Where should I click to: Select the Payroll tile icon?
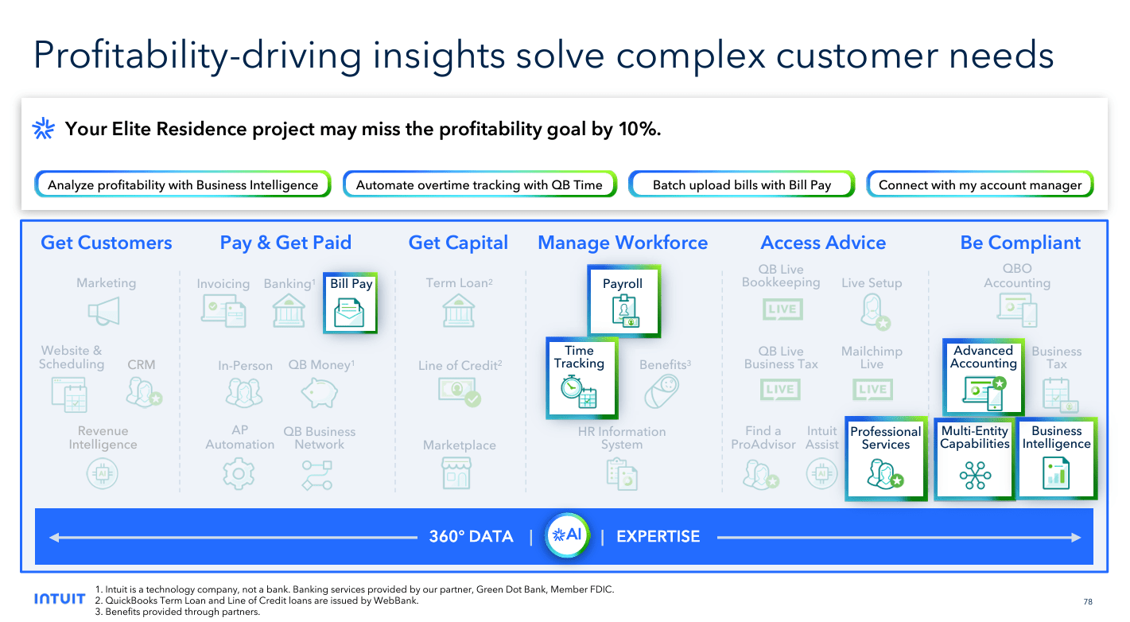pos(623,311)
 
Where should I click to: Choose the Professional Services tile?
pos(886,459)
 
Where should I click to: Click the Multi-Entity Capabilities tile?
pos(974,459)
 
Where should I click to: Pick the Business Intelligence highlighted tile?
pos(1056,459)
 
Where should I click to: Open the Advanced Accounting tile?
pos(984,377)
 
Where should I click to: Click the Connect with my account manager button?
pos(980,185)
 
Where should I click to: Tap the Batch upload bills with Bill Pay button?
pos(741,185)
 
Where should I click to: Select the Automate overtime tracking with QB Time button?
pos(479,185)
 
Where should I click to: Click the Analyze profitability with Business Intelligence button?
pos(182,185)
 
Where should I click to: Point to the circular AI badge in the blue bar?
pos(568,535)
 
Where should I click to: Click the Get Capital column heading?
pos(458,243)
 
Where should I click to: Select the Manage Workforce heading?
pos(623,243)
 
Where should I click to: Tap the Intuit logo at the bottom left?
pos(60,599)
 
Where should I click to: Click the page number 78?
pos(1088,601)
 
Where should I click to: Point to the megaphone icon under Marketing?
pos(104,311)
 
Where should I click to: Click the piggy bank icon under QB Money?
pos(320,392)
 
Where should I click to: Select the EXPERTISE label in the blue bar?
pos(658,537)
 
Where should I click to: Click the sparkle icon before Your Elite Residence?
pos(43,129)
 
